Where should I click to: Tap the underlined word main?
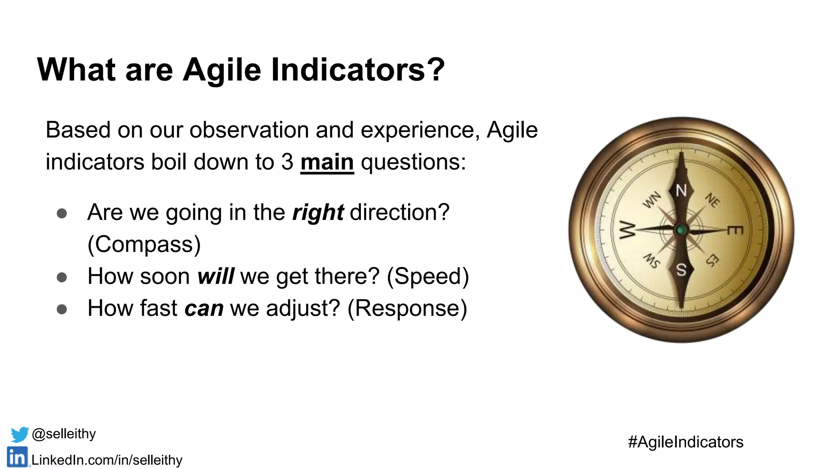click(327, 162)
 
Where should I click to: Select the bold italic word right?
click(318, 213)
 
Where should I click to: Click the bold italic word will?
click(215, 276)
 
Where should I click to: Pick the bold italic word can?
click(204, 308)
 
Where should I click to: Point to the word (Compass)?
click(144, 244)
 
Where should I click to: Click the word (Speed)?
click(428, 276)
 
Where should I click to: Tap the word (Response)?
click(407, 308)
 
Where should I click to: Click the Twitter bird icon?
click(19, 434)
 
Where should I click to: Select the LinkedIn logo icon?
click(17, 457)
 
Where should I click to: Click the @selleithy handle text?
click(64, 434)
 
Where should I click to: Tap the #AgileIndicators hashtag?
click(685, 442)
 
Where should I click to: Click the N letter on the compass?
click(681, 191)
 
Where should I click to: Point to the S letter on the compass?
click(681, 270)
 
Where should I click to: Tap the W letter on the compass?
click(627, 230)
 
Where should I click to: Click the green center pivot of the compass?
click(681, 230)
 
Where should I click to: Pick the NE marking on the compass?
click(713, 200)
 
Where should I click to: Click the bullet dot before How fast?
click(62, 309)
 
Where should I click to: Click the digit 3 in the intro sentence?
click(287, 162)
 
